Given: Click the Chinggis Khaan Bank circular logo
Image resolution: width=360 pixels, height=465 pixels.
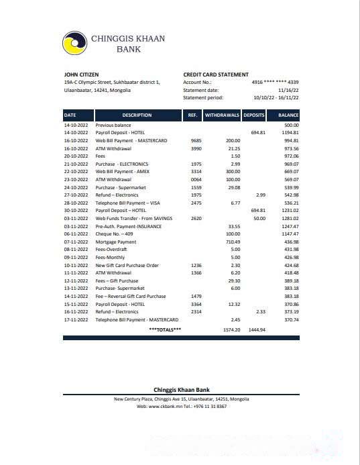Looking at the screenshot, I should click(x=74, y=44).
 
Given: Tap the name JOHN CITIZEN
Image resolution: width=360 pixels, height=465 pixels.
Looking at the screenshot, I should click(x=81, y=74).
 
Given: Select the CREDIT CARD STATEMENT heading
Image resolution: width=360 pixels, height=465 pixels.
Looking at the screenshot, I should click(x=215, y=74).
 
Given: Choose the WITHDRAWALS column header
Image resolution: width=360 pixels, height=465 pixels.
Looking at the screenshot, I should click(x=222, y=115).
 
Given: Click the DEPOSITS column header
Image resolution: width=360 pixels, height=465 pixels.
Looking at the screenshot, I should click(x=254, y=115).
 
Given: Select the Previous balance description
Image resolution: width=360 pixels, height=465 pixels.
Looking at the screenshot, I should click(x=113, y=125).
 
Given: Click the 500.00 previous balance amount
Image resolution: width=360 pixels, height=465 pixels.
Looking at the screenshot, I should click(x=291, y=125).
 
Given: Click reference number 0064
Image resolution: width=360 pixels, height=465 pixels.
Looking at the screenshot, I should click(x=196, y=180).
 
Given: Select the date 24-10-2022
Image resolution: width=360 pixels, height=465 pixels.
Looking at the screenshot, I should click(x=76, y=187).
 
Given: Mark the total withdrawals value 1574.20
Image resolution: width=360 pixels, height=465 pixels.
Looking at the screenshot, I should click(x=231, y=330).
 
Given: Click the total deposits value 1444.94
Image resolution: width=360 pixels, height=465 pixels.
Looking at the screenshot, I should click(x=257, y=330).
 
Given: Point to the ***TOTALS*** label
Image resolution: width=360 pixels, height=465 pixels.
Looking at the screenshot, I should click(x=165, y=330).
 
